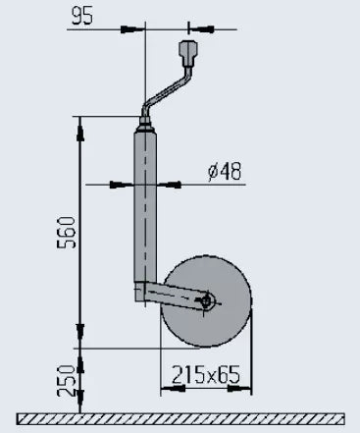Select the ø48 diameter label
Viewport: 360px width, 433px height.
pos(226,172)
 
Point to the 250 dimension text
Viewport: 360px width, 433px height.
pos(66,378)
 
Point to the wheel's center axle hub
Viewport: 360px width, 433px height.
pos(205,300)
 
